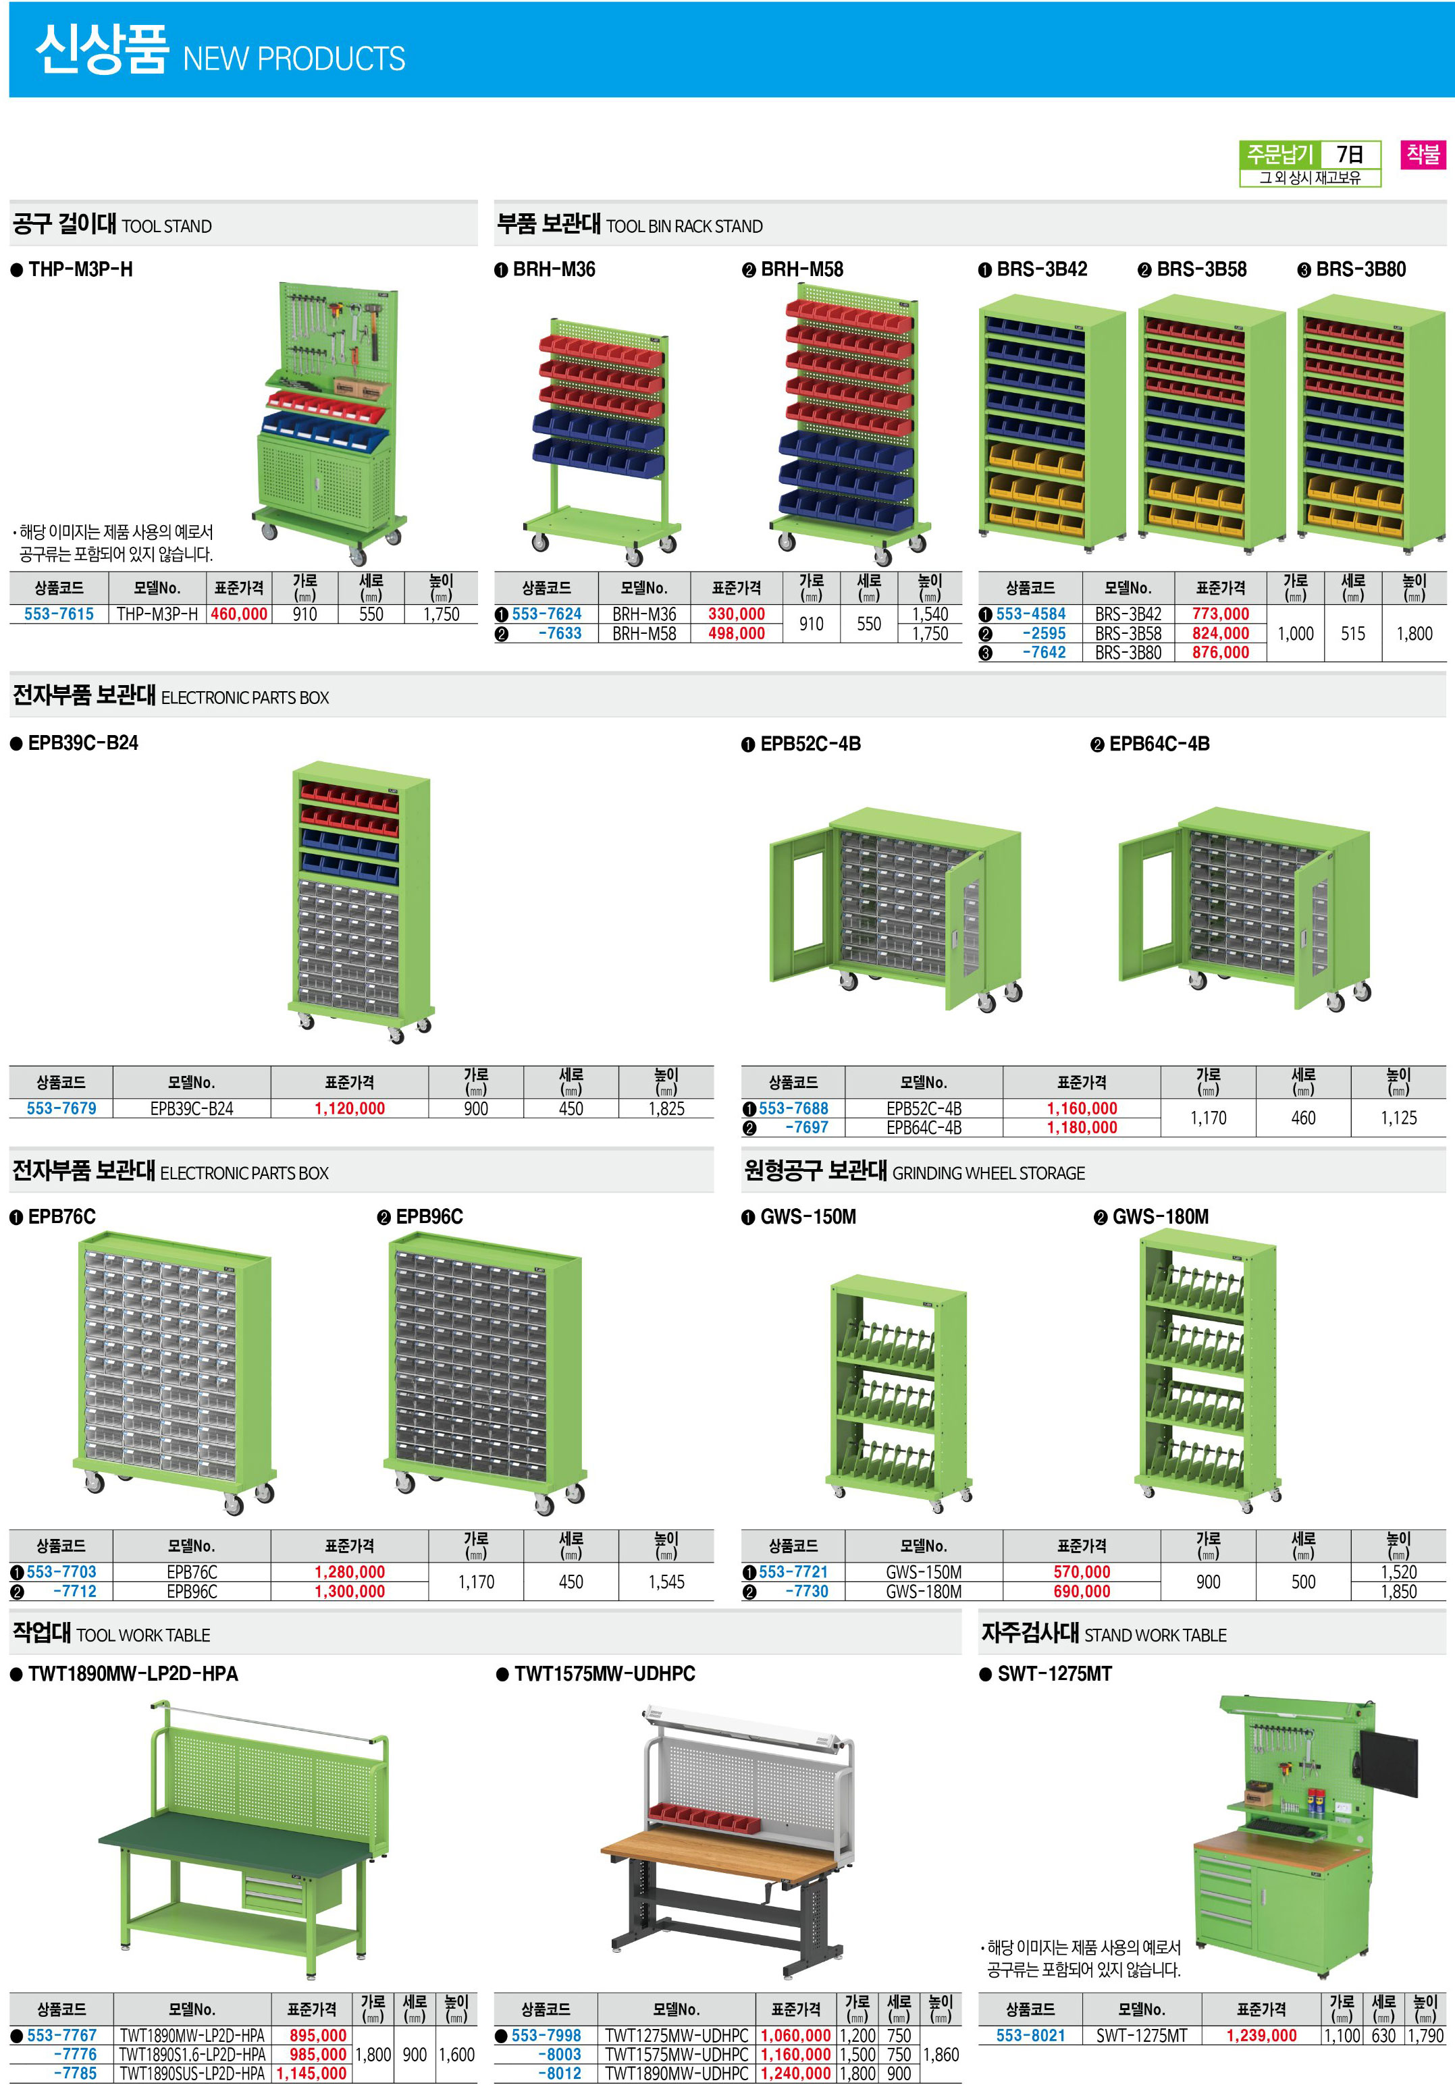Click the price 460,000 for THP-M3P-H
pyautogui.click(x=239, y=614)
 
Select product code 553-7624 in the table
pyautogui.click(x=546, y=614)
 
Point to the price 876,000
pyautogui.click(x=1221, y=652)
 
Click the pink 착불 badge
pyautogui.click(x=1423, y=155)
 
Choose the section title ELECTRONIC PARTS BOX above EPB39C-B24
pyautogui.click(x=245, y=697)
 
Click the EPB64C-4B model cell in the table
pyautogui.click(x=924, y=1127)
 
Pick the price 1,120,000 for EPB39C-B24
pyautogui.click(x=350, y=1108)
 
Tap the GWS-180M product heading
pyautogui.click(x=1161, y=1217)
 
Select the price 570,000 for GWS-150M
pyautogui.click(x=1082, y=1572)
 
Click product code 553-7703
pyautogui.click(x=61, y=1572)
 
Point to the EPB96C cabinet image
pyautogui.click(x=484, y=1373)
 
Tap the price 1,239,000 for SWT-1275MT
pyautogui.click(x=1261, y=2035)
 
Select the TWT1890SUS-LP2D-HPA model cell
pyautogui.click(x=192, y=2074)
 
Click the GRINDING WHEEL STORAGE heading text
pyautogui.click(x=988, y=1173)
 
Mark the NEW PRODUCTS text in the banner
pyautogui.click(x=294, y=59)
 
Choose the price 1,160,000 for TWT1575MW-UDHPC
pyautogui.click(x=795, y=2054)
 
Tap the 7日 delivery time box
pyautogui.click(x=1350, y=155)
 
